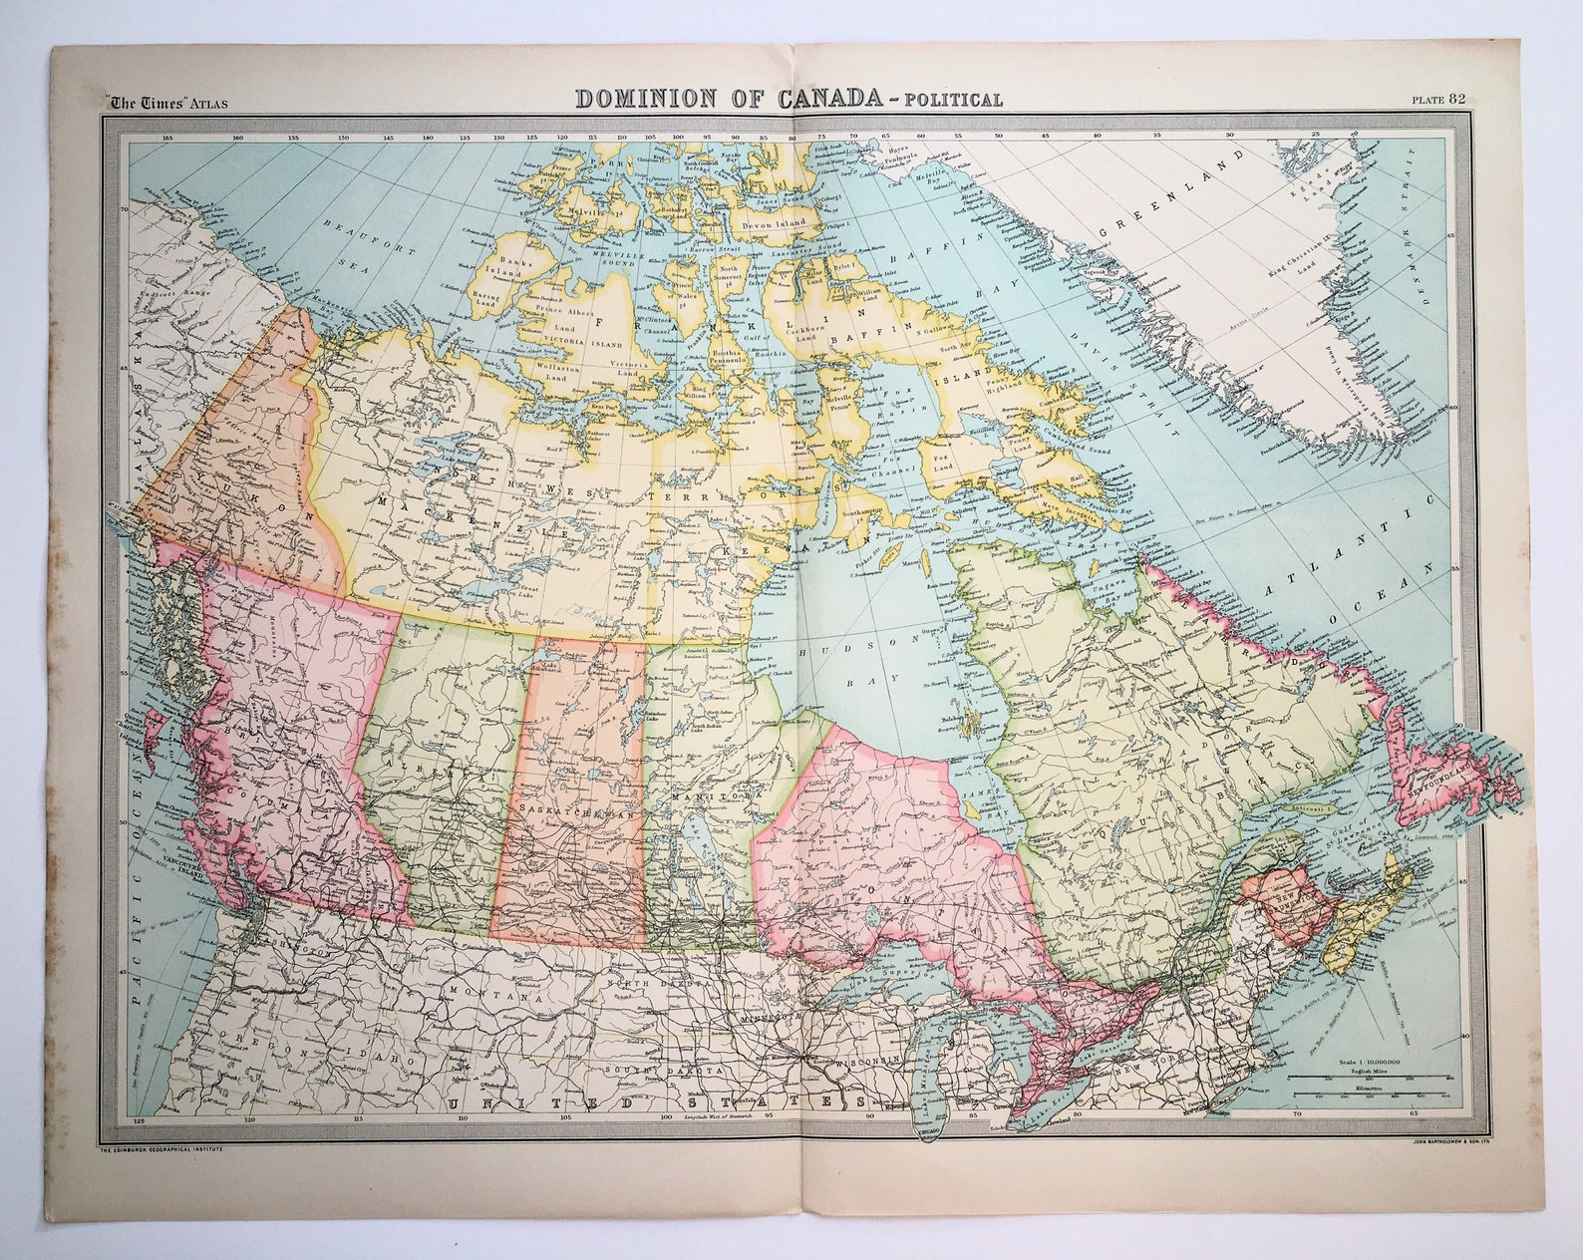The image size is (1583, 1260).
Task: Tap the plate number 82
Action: (1458, 98)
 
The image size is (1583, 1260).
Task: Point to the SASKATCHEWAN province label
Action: (571, 813)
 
